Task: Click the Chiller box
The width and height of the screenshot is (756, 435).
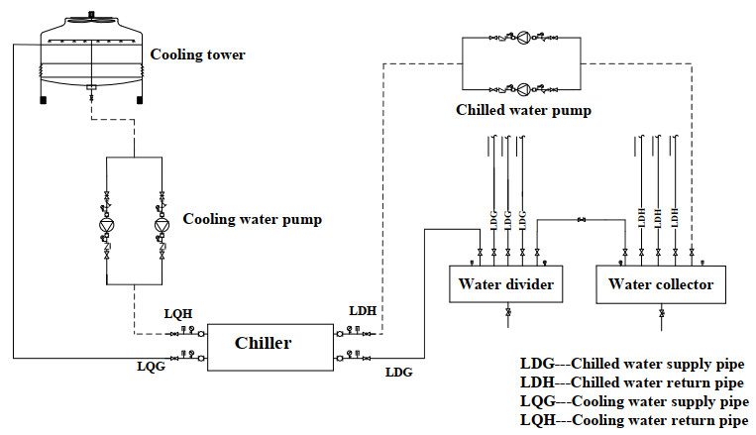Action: click(264, 344)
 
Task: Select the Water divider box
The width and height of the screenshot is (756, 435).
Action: click(505, 285)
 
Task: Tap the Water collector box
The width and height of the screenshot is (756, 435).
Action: click(661, 285)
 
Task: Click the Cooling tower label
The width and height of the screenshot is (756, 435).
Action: click(197, 54)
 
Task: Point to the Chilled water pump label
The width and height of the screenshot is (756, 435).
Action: click(524, 110)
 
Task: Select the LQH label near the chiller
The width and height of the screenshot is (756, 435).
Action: click(178, 314)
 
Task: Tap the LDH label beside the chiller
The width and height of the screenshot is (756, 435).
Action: click(363, 310)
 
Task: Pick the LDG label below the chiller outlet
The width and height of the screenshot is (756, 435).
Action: click(397, 373)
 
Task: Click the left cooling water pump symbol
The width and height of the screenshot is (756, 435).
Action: click(106, 226)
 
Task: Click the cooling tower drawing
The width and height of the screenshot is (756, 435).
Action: click(90, 59)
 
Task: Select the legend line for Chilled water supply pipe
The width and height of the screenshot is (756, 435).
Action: click(632, 364)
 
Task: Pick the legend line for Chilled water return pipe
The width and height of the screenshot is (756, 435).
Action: click(632, 382)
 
